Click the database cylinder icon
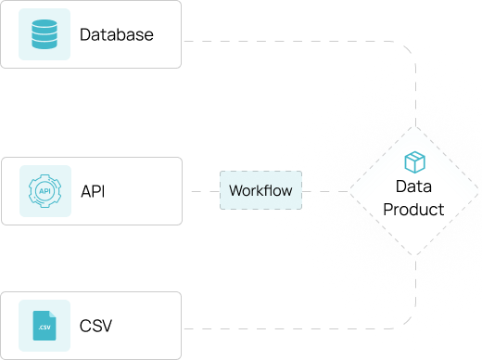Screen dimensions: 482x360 pos(44,34)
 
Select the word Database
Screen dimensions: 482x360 pos(117,34)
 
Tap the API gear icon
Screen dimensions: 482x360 pos(45,191)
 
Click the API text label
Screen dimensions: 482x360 pos(93,191)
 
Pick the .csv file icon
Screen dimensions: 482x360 pos(44,326)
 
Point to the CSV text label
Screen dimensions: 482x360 pos(95,326)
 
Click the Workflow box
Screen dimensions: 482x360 pos(260,190)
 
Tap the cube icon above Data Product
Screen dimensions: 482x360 pos(415,162)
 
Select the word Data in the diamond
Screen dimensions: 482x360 pos(413,186)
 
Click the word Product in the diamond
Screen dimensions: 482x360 pos(413,210)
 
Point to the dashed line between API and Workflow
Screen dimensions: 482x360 pos(206,191)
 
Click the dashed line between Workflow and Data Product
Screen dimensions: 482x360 pos(325,191)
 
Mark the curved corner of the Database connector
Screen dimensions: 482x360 pos(409,48)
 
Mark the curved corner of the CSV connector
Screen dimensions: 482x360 pos(409,322)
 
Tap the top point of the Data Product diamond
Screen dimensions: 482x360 pos(415,126)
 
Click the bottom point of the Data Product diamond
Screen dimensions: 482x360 pos(415,256)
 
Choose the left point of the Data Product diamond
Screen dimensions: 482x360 pos(349,191)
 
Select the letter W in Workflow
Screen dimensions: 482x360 pos(235,190)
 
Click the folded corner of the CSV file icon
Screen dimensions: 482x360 pos(53,314)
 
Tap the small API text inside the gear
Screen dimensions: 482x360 pos(44,191)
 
